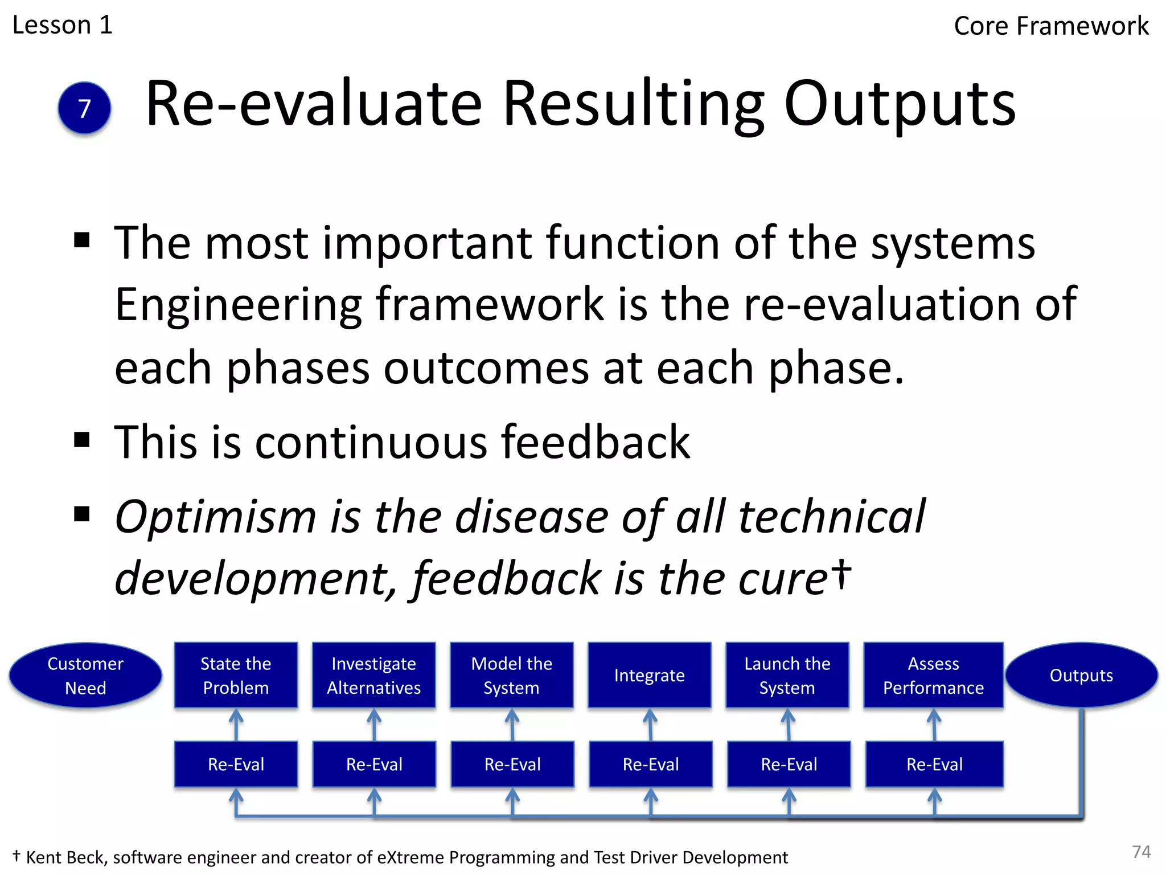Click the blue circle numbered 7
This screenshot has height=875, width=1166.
coord(84,108)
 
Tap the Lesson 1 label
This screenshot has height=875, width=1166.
coord(63,25)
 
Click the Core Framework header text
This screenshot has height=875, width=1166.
coord(1051,26)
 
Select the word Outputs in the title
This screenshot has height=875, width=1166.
coord(900,104)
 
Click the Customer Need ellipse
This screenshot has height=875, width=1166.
coord(85,676)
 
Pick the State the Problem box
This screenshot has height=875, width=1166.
coord(236,676)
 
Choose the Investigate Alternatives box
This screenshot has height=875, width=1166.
coord(374,676)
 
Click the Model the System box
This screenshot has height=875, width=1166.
coord(512,676)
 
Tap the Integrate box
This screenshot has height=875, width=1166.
coord(650,676)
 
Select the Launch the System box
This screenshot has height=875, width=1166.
coord(787,676)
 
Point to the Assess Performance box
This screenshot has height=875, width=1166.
coord(934,676)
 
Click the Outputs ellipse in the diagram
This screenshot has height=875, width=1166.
coord(1081,676)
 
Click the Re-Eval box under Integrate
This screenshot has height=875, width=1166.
coord(651,764)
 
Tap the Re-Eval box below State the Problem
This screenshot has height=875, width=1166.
coord(236,764)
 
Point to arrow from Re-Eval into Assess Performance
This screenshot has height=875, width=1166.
coord(934,725)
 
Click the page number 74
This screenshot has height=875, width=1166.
coord(1142,852)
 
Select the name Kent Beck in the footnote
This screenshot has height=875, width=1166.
coord(65,857)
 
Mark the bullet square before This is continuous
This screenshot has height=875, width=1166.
coord(83,440)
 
